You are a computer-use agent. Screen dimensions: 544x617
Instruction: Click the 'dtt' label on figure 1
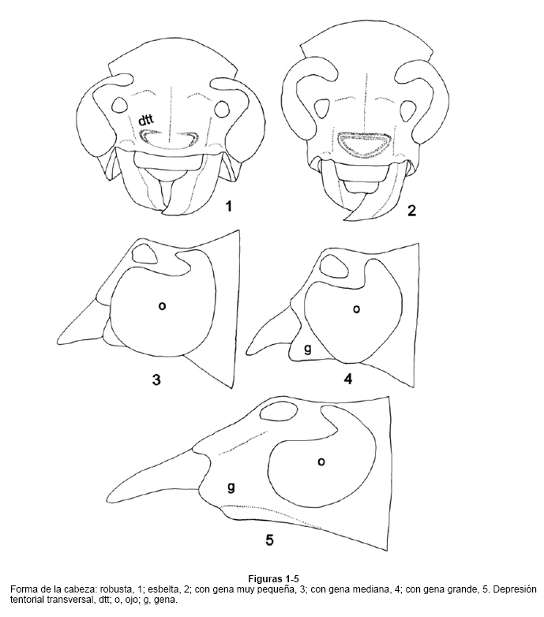(145, 121)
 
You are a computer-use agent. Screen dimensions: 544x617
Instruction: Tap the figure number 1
(228, 205)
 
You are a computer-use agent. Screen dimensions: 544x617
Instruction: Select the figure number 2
(411, 211)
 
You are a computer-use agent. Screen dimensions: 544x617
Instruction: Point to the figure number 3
(156, 380)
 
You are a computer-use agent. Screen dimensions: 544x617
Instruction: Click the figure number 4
(348, 379)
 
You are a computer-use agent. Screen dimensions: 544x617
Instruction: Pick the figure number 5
(269, 540)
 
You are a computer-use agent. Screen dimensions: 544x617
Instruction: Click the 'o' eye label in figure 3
(162, 306)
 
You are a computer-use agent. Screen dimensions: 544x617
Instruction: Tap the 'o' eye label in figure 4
(356, 309)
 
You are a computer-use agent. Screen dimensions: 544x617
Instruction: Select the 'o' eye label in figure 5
(321, 462)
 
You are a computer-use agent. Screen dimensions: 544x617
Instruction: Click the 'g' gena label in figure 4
(308, 349)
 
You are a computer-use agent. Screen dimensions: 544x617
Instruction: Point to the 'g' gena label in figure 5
(231, 488)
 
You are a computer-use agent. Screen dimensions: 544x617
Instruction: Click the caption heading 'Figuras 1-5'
(273, 579)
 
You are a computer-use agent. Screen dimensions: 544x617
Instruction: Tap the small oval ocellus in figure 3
(144, 253)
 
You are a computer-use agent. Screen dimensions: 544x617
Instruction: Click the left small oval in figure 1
(119, 106)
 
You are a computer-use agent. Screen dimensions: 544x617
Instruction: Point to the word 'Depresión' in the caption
(517, 590)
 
